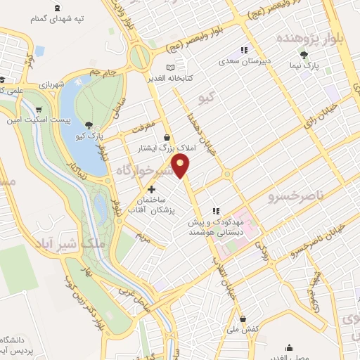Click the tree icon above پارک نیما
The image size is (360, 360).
pos(304,54)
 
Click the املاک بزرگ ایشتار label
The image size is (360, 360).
pos(167,148)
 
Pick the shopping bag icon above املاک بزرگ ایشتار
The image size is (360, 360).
pos(166,137)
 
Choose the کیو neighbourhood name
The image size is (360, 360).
pos(206,96)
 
